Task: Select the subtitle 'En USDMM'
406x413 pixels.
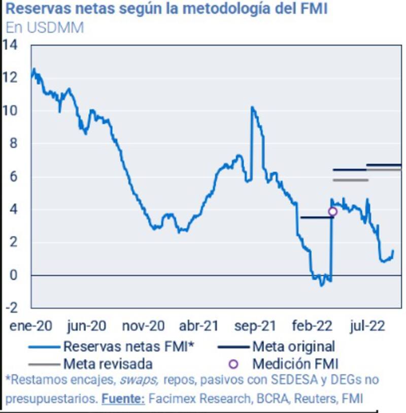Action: click(45, 28)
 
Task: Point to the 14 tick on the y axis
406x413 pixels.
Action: click(10, 45)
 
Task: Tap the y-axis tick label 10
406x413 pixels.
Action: click(10, 111)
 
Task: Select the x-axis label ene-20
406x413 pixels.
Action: click(30, 325)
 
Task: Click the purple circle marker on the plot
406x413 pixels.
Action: click(333, 212)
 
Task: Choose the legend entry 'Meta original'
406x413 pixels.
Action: click(293, 347)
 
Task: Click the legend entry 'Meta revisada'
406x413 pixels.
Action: click(108, 364)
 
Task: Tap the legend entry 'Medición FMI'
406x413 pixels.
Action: click(295, 364)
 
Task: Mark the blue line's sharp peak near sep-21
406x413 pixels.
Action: click(252, 108)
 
